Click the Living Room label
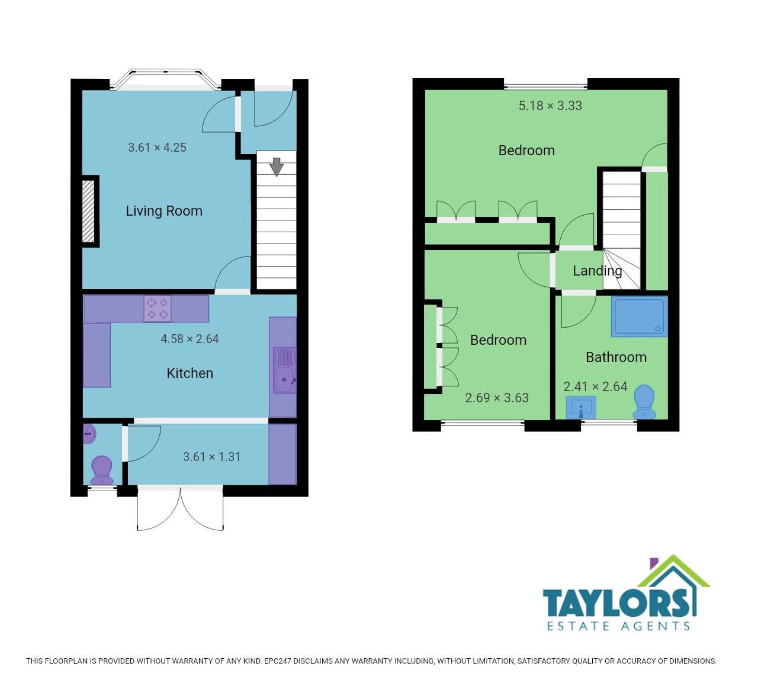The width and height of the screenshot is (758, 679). click(164, 211)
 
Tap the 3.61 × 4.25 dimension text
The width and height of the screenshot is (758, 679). click(157, 148)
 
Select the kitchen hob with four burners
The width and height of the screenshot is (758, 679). click(158, 309)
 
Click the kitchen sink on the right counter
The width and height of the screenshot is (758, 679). click(285, 370)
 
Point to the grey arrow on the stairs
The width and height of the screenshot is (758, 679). click(277, 166)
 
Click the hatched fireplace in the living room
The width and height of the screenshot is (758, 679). click(88, 212)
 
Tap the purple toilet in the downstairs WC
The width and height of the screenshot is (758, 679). click(102, 470)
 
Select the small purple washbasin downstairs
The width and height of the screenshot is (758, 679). click(89, 434)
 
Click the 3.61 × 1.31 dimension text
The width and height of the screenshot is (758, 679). click(212, 457)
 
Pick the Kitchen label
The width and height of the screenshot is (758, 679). click(189, 373)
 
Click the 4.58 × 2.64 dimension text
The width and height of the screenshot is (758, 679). click(189, 339)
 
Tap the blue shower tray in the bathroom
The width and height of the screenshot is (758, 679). click(639, 316)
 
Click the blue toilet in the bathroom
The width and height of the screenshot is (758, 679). click(644, 402)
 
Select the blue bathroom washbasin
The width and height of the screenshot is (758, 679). click(581, 407)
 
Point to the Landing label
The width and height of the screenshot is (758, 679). click(598, 271)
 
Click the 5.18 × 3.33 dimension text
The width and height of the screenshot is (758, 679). click(550, 105)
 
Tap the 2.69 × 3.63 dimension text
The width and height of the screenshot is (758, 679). click(497, 398)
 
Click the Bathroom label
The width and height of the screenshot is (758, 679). click(616, 357)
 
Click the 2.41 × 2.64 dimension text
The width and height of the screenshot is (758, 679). click(595, 386)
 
